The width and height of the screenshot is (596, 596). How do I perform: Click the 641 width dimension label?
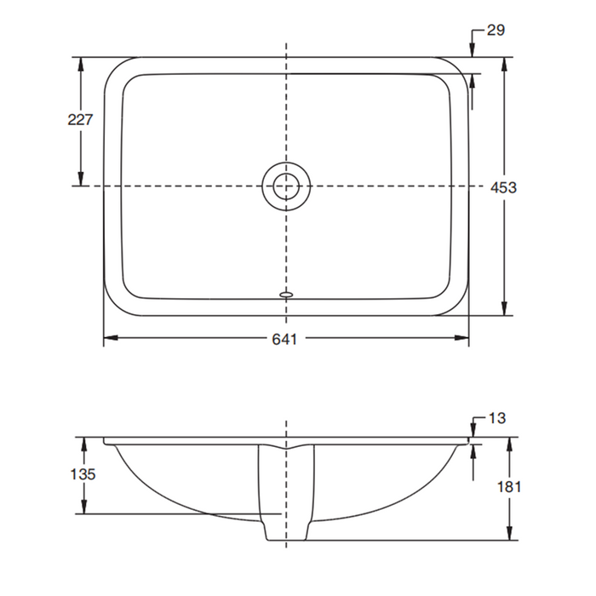284,339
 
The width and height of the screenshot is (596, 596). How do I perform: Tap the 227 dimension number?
80,120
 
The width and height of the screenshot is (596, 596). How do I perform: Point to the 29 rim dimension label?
496,31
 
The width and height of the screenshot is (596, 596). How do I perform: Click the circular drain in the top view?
286,185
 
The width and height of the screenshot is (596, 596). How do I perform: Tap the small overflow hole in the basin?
286,295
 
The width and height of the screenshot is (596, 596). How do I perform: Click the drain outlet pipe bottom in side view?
286,538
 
